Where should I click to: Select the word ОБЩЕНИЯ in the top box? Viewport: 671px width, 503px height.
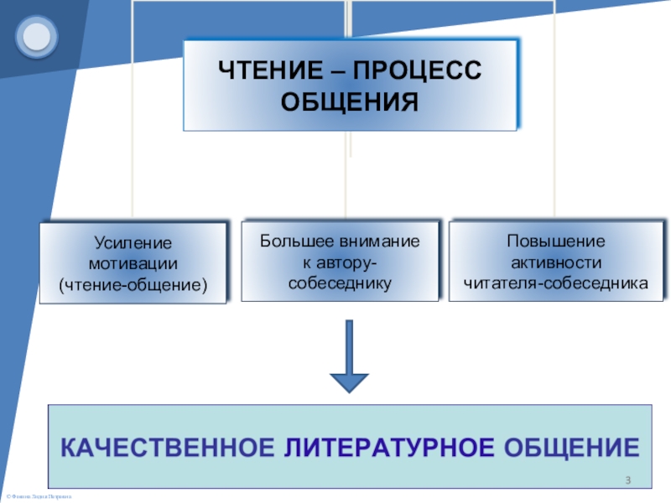click(x=350, y=103)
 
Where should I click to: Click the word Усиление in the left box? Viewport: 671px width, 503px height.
click(x=133, y=243)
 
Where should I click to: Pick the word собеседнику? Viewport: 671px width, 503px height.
click(x=340, y=283)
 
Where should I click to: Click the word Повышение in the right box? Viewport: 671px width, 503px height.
click(x=556, y=241)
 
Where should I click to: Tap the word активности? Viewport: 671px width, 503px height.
click(x=556, y=262)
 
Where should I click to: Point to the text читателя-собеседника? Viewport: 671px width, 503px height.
click(x=556, y=283)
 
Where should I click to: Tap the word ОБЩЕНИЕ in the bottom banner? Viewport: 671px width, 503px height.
click(x=570, y=445)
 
